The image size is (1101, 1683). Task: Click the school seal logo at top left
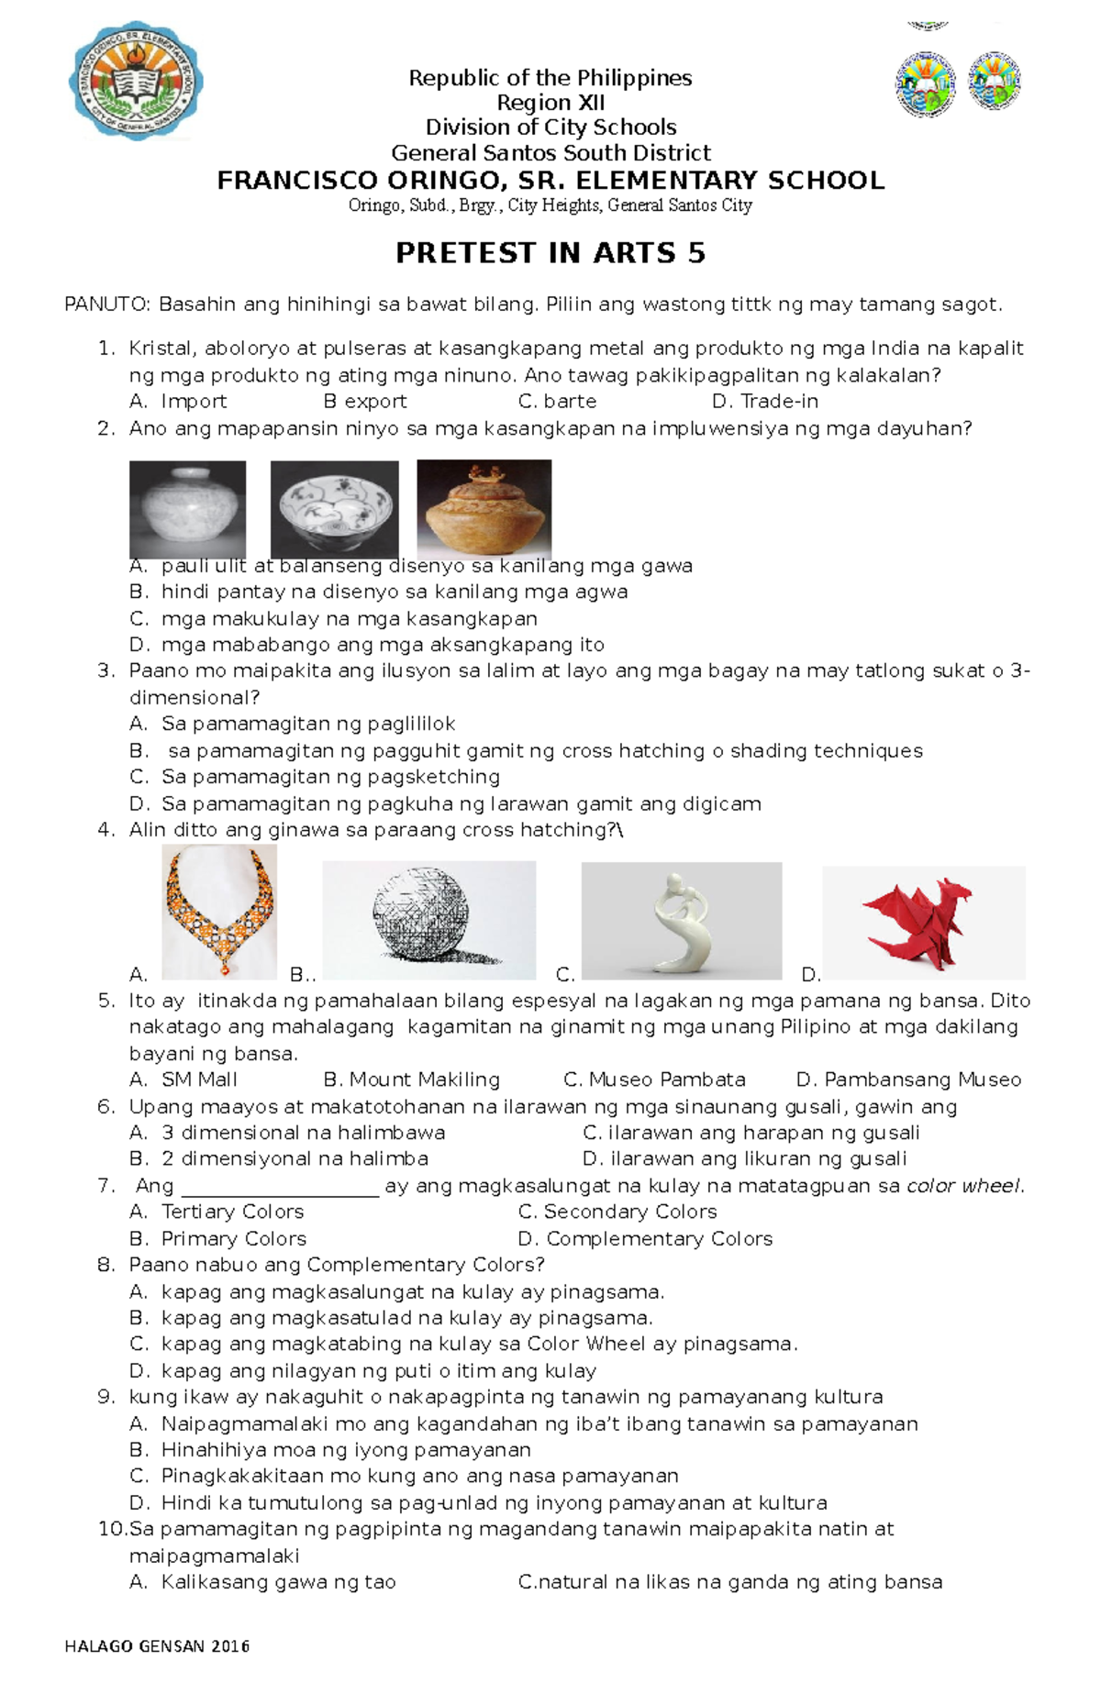(136, 82)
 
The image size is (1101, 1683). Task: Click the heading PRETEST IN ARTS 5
(550, 253)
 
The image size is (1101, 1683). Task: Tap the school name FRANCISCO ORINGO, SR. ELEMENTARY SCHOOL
(550, 181)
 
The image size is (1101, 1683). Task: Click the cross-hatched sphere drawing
(428, 920)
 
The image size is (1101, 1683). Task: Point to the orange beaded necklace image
(219, 912)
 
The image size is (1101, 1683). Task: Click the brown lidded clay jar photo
(484, 508)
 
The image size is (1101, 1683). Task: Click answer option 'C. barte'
(557, 402)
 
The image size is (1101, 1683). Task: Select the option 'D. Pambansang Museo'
(908, 1080)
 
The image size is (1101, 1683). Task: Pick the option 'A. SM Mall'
(183, 1080)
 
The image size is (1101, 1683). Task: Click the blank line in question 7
(280, 1187)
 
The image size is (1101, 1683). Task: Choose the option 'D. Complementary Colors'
(645, 1239)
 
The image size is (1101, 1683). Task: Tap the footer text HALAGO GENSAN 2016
(157, 1646)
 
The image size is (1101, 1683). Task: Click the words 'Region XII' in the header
(550, 103)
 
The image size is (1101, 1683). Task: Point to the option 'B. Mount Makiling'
(412, 1080)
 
